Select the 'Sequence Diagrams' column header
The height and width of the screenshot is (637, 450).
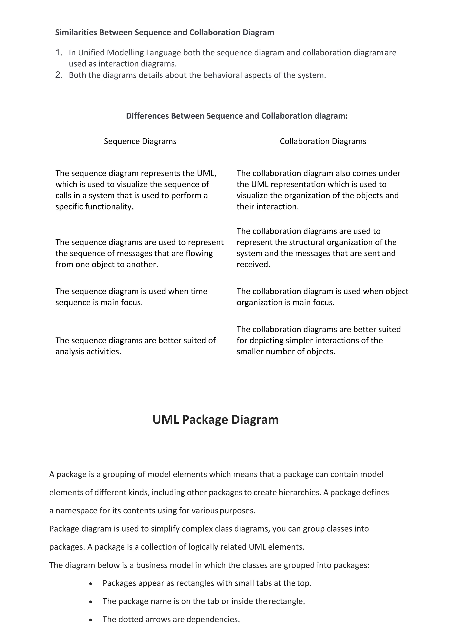pos(140,141)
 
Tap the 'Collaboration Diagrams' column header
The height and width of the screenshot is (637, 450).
pos(323,141)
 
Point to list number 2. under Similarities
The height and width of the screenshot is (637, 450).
pos(59,75)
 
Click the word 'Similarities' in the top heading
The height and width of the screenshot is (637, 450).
pos(76,33)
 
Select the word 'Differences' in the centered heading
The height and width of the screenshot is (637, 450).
pos(147,116)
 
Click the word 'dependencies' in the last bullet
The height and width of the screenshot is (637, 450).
pos(213,619)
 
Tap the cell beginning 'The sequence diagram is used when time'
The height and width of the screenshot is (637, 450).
pos(131,297)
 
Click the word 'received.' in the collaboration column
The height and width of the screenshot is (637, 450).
pos(253,264)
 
